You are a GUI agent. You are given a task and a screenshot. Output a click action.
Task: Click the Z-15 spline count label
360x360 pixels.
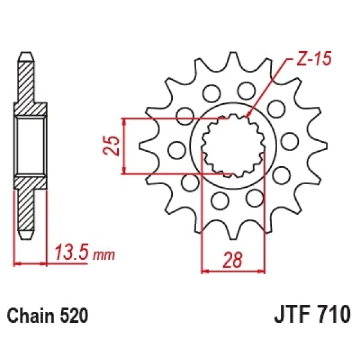pyautogui.click(x=314, y=58)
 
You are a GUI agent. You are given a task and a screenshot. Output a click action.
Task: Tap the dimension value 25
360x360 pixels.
pyautogui.click(x=112, y=146)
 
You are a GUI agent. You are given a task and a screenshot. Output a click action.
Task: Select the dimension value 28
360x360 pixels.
pyautogui.click(x=233, y=260)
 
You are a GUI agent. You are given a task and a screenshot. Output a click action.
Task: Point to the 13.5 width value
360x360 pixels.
pyautogui.click(x=71, y=253)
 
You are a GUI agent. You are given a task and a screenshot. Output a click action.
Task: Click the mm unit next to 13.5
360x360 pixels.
pyautogui.click(x=104, y=255)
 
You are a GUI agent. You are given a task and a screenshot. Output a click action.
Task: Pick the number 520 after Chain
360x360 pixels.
pyautogui.click(x=74, y=315)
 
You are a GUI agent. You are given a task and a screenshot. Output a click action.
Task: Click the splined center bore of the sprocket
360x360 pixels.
pyautogui.click(x=233, y=146)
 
